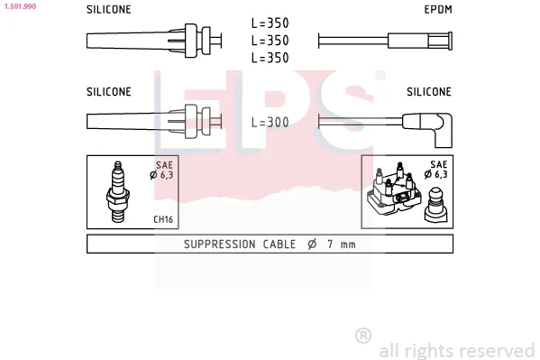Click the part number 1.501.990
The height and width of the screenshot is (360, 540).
click(x=20, y=6)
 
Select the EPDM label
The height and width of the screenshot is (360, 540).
click(x=438, y=10)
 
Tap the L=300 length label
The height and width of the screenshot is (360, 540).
click(x=270, y=122)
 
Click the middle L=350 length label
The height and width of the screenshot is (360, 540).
click(x=270, y=41)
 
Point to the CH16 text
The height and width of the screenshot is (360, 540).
click(x=163, y=219)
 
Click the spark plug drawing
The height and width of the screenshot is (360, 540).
click(x=118, y=191)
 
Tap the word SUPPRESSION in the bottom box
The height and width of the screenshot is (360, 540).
click(x=220, y=245)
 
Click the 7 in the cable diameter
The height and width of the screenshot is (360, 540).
click(x=330, y=245)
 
